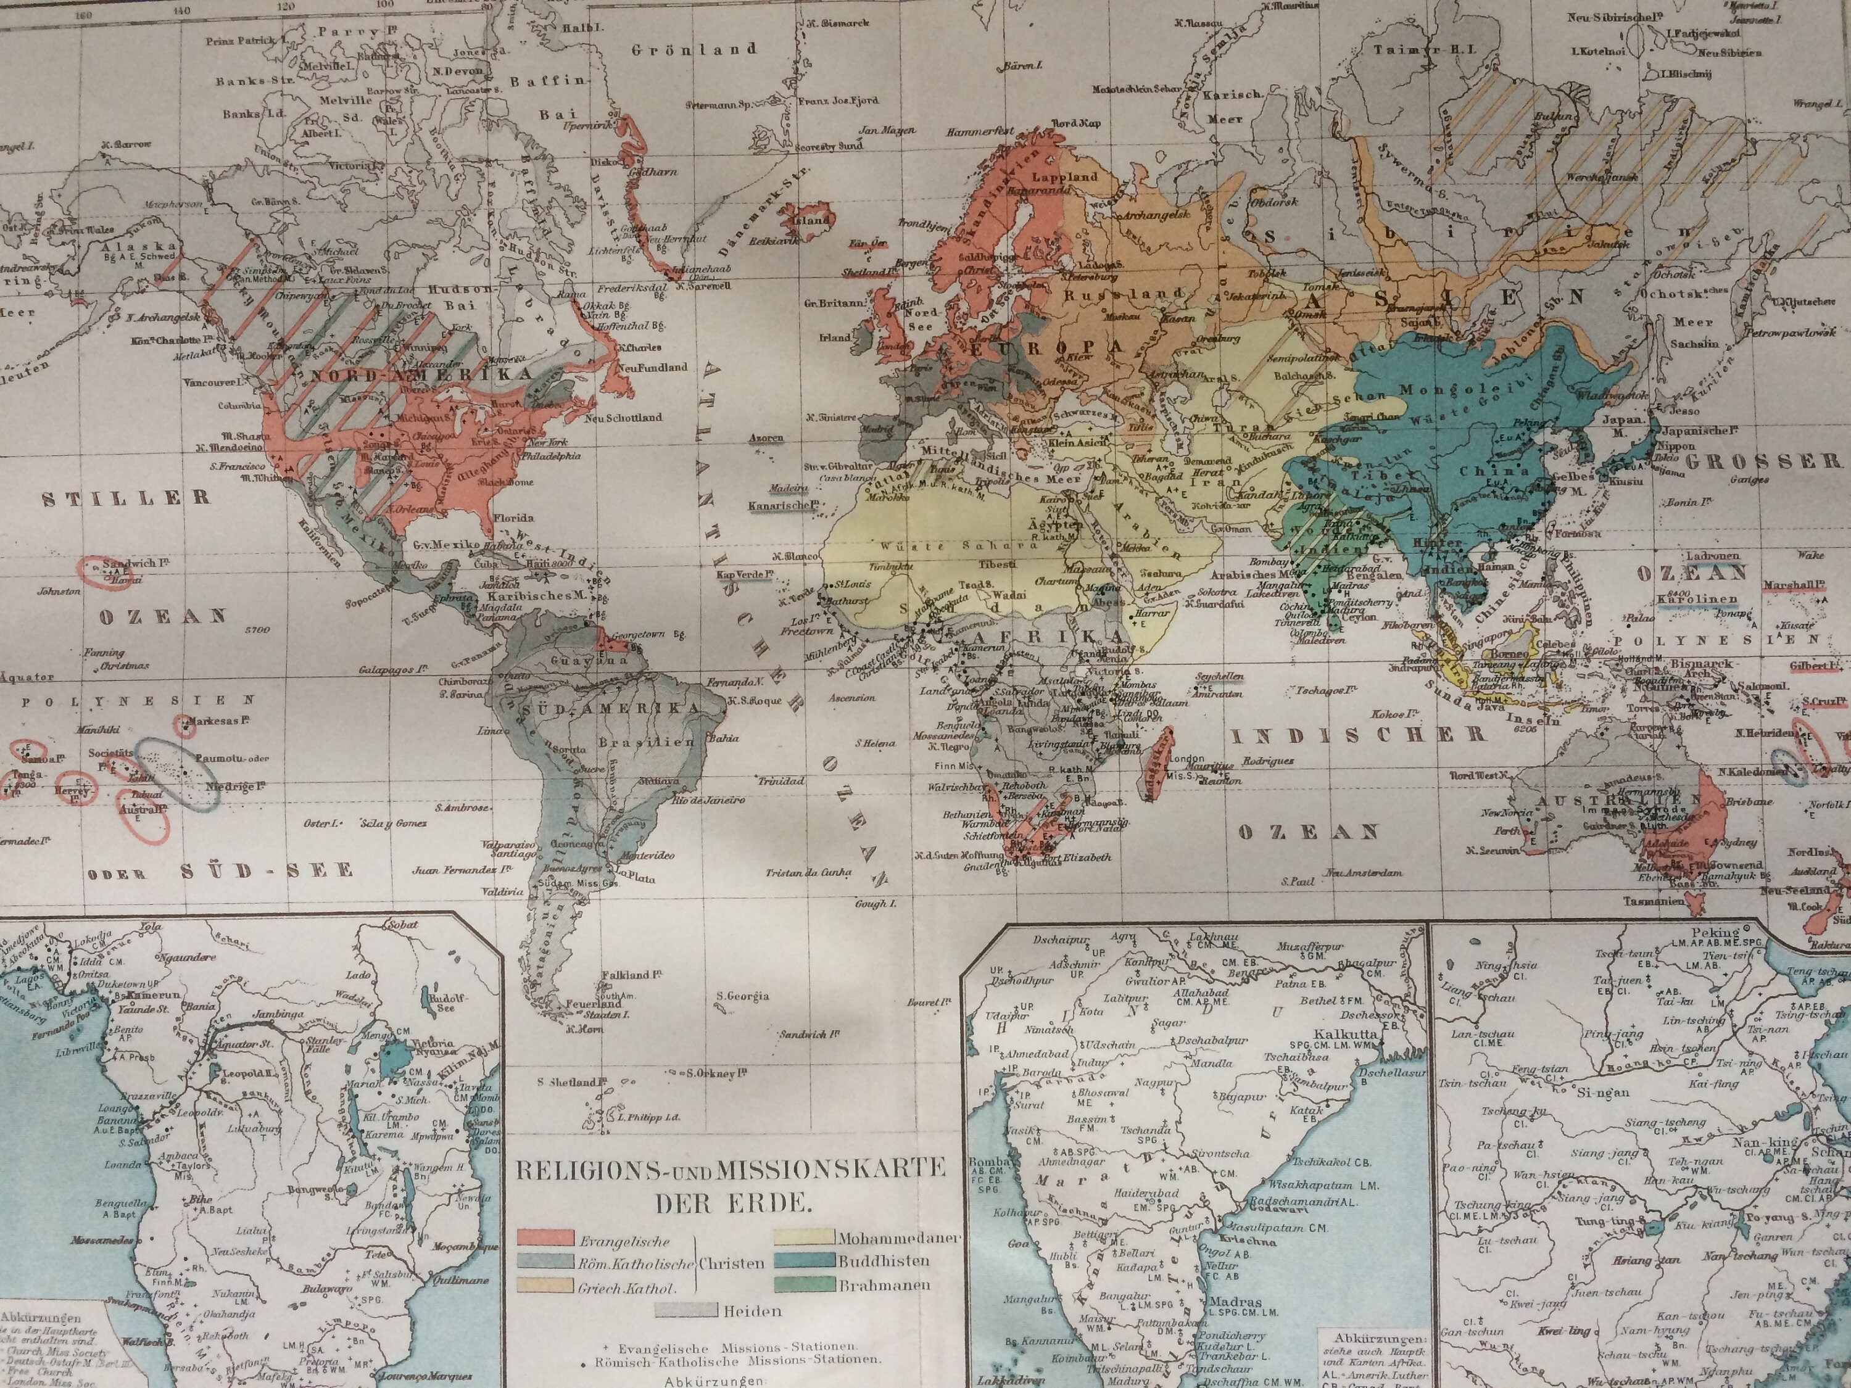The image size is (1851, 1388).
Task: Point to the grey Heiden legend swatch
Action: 687,1311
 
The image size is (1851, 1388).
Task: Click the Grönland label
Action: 695,49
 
